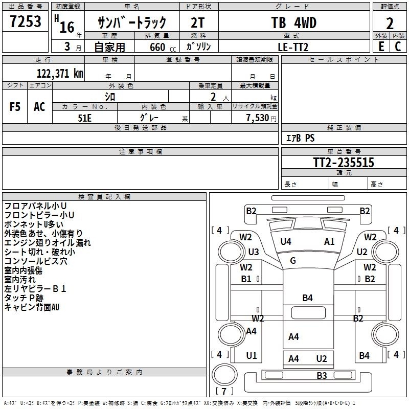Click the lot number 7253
click(25, 22)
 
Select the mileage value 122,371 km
click(60, 73)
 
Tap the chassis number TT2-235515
click(344, 163)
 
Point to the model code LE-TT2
click(293, 47)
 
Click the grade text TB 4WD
click(293, 23)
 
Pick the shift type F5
click(15, 107)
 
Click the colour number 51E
click(84, 117)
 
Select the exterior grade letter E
click(381, 47)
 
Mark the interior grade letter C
click(398, 47)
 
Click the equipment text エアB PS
click(300, 138)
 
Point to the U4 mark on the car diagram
click(286, 241)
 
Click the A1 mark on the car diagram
click(329, 241)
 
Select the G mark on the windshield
click(293, 261)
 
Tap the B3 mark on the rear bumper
click(322, 376)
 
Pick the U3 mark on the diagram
click(254, 252)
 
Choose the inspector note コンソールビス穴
click(36, 261)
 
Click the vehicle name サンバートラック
click(132, 23)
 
